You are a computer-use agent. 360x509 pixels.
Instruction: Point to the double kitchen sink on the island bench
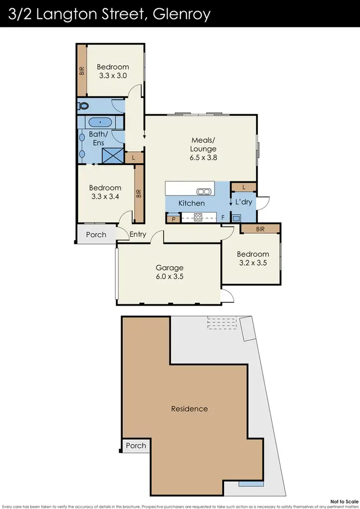pyautogui.click(x=204, y=192)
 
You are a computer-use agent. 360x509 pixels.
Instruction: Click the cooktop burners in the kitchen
pyautogui.click(x=198, y=217)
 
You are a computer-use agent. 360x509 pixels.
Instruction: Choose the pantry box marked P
pyautogui.click(x=172, y=219)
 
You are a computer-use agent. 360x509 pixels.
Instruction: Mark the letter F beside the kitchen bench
pyautogui.click(x=223, y=217)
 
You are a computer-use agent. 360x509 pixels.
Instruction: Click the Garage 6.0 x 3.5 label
pyautogui.click(x=169, y=272)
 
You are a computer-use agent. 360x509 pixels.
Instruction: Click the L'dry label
pyautogui.click(x=243, y=202)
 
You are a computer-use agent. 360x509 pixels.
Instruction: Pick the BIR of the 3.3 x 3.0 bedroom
pyautogui.click(x=82, y=71)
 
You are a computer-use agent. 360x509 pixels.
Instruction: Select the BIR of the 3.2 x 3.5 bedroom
pyautogui.click(x=260, y=229)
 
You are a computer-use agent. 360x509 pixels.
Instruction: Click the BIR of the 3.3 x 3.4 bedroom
pyautogui.click(x=139, y=194)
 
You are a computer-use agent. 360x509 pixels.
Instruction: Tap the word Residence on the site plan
pyautogui.click(x=190, y=409)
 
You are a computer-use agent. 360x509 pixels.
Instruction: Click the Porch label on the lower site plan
pyautogui.click(x=136, y=446)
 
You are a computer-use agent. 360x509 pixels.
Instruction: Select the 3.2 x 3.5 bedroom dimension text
pyautogui.click(x=253, y=263)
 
